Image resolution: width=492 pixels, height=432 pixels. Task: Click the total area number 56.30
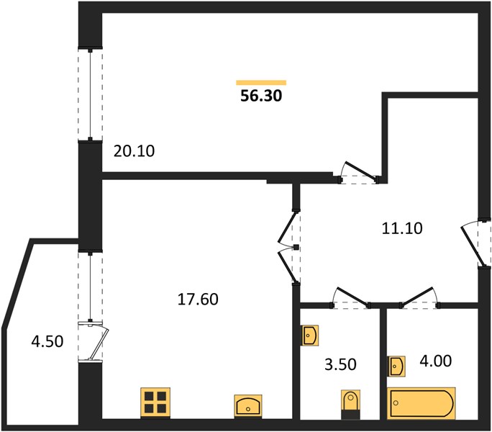pos(261,96)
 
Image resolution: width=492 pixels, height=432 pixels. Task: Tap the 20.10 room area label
pos(134,151)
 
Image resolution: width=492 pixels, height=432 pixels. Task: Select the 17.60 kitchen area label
pos(198,299)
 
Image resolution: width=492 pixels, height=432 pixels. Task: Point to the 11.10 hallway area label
pos(402,228)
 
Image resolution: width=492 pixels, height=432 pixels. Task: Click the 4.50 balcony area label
pos(47,341)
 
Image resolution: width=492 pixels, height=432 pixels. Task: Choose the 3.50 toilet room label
pos(340,365)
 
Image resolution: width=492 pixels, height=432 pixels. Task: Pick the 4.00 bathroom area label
pos(435,361)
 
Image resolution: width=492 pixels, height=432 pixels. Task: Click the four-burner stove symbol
pos(155,402)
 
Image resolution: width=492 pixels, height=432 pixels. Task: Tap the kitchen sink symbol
pos(248,406)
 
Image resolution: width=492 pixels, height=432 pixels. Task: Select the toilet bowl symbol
pos(350,405)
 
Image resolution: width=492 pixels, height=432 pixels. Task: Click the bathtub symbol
pos(421,403)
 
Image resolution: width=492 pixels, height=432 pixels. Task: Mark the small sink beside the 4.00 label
pos(396,366)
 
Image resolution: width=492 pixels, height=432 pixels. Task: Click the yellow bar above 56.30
pos(261,83)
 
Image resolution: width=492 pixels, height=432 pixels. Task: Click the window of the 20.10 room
pos(91,94)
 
